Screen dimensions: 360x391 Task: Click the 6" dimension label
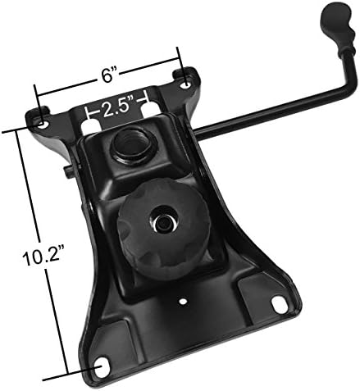(107, 75)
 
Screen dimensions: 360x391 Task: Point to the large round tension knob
(163, 230)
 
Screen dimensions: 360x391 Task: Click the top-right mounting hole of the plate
(186, 84)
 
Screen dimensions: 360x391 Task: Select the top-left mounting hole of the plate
(43, 125)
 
